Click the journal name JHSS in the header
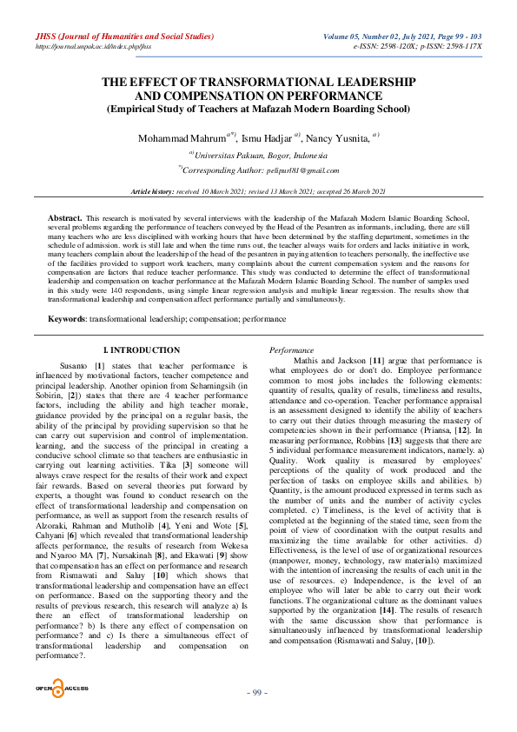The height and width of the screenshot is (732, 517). point(43,37)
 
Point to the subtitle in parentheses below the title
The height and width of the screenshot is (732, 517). point(257,110)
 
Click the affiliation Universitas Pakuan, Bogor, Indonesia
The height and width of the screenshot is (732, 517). point(258,155)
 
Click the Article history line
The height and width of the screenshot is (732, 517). point(258,190)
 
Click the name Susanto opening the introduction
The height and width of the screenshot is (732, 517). point(74,336)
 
